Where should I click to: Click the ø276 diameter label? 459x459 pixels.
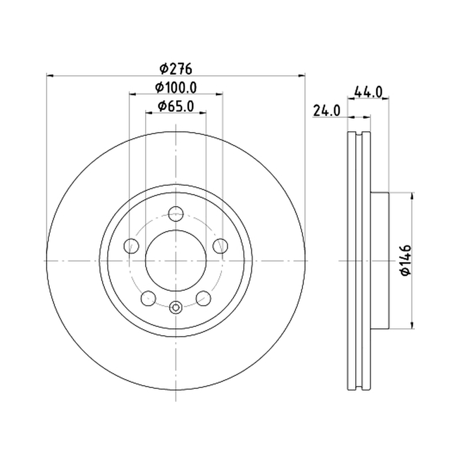click(176, 69)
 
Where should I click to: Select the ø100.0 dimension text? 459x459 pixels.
click(176, 87)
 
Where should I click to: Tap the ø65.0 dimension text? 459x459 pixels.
click(176, 106)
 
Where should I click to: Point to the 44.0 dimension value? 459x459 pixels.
click(368, 92)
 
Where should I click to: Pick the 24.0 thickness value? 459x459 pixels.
click(326, 111)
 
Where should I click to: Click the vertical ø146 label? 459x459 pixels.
click(406, 260)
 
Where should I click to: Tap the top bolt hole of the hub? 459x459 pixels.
click(176, 213)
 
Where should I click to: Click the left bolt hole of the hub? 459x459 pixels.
click(131, 246)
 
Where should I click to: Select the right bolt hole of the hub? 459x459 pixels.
click(220, 246)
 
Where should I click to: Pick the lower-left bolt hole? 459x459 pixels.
click(149, 298)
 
